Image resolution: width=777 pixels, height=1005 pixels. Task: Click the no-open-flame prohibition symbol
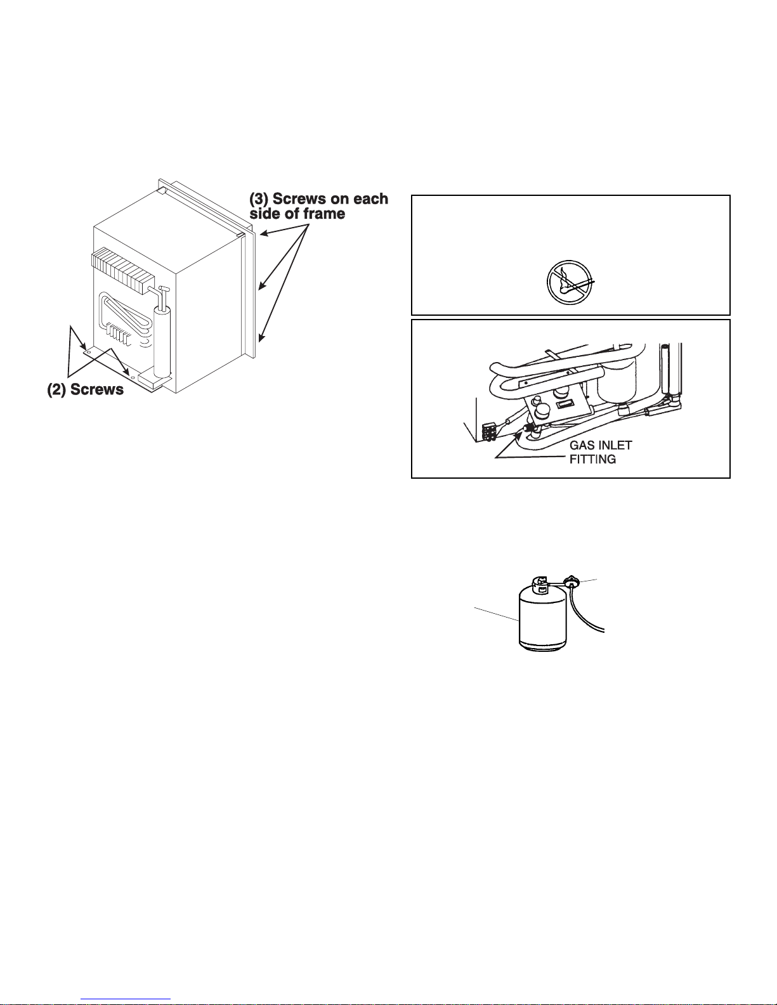pyautogui.click(x=570, y=282)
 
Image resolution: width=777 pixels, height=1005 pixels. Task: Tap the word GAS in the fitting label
pyautogui.click(x=582, y=446)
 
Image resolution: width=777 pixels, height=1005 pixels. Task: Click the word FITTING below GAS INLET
pyautogui.click(x=592, y=459)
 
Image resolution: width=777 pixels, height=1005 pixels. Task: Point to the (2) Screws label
pyautogui.click(x=86, y=389)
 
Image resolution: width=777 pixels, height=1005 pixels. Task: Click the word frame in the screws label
pyautogui.click(x=324, y=214)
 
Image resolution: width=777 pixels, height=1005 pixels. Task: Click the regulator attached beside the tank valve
pyautogui.click(x=572, y=581)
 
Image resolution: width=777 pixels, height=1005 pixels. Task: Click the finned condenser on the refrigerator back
pyautogui.click(x=124, y=268)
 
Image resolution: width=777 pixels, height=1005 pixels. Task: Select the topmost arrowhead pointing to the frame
pyautogui.click(x=261, y=235)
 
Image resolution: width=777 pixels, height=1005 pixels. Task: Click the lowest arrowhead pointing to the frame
pyautogui.click(x=260, y=339)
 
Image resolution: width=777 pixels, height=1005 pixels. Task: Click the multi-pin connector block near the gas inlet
pyautogui.click(x=488, y=432)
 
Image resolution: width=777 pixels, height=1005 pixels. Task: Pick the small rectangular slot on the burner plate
pyautogui.click(x=564, y=405)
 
